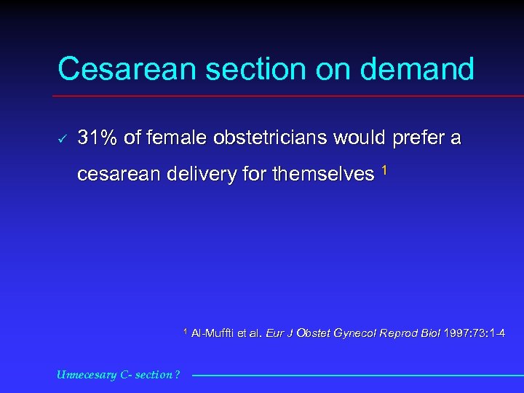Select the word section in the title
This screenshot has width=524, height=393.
click(241, 70)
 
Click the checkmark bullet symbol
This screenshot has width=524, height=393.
click(63, 138)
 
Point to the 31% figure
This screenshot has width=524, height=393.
click(98, 138)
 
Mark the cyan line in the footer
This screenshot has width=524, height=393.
click(357, 376)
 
